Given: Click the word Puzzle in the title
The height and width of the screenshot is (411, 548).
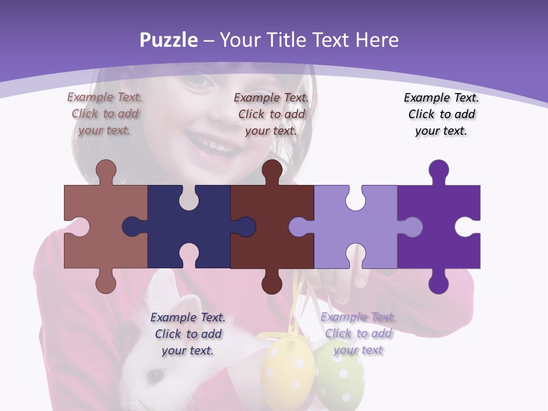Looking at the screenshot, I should coord(168,40).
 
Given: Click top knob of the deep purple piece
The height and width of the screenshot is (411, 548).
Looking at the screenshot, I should coord(438,170).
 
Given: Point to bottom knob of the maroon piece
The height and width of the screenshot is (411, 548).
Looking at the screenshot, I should coord(272,283).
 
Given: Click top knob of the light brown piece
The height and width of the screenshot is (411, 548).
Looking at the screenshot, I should coord(106,170).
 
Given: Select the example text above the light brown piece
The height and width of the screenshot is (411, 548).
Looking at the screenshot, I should coord(105,114).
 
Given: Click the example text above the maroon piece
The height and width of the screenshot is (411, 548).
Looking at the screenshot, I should coord(271,114).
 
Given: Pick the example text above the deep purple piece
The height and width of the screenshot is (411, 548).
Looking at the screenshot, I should coord(441,114).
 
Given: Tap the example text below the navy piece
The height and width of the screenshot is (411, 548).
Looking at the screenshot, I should coord(188,334).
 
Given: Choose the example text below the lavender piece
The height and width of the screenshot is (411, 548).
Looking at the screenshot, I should coord(358,334).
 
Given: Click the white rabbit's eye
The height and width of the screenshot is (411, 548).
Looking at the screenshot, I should coord(154,376).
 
